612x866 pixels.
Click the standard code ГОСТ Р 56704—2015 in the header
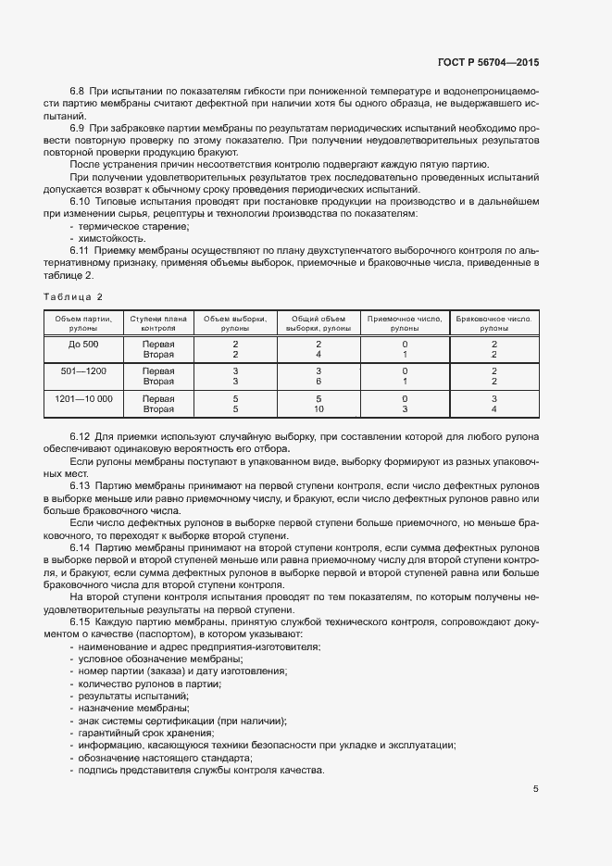pos(487,62)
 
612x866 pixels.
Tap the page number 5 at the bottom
pos(535,789)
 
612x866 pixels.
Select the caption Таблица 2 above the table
pos(73,296)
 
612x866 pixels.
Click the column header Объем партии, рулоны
pos(83,323)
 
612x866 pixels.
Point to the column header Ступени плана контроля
pos(158,323)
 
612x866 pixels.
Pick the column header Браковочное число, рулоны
pos(493,323)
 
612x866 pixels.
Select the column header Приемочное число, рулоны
pos(404,323)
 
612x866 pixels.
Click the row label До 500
pos(83,344)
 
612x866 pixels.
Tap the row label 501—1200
pos(83,370)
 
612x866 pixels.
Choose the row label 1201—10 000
pos(83,398)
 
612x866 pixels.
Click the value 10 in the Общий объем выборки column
pos(318,408)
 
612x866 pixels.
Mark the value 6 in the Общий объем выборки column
pos(318,381)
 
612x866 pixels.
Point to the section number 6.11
pos(80,250)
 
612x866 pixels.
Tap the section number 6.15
pos(80,621)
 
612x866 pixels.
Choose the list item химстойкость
pos(114,238)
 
